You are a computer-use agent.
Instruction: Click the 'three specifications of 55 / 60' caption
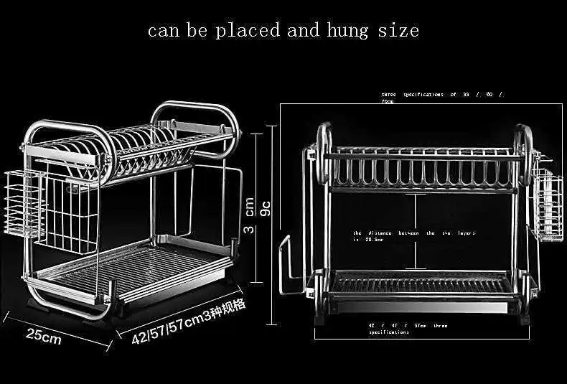click(x=441, y=96)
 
